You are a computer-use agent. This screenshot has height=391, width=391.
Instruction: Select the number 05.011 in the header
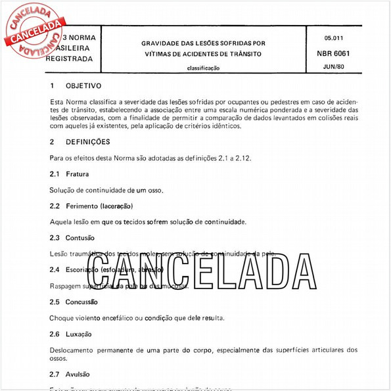click(x=336, y=39)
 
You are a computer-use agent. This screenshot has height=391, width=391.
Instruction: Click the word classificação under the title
click(x=204, y=68)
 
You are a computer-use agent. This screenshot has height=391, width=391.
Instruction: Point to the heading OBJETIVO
click(x=83, y=85)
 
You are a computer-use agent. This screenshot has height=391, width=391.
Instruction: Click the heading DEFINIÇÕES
click(x=87, y=142)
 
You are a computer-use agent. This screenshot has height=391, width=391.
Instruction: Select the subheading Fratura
click(x=77, y=174)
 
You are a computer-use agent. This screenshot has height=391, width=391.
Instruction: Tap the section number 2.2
click(x=55, y=206)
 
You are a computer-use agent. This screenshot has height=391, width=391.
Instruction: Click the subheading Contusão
click(x=80, y=238)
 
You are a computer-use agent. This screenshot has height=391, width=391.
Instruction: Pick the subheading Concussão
click(x=81, y=302)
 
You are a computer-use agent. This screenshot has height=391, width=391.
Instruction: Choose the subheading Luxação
click(x=78, y=334)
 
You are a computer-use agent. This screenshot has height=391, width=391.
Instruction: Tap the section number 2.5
click(x=55, y=302)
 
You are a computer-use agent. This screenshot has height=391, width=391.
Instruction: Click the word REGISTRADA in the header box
click(x=69, y=59)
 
